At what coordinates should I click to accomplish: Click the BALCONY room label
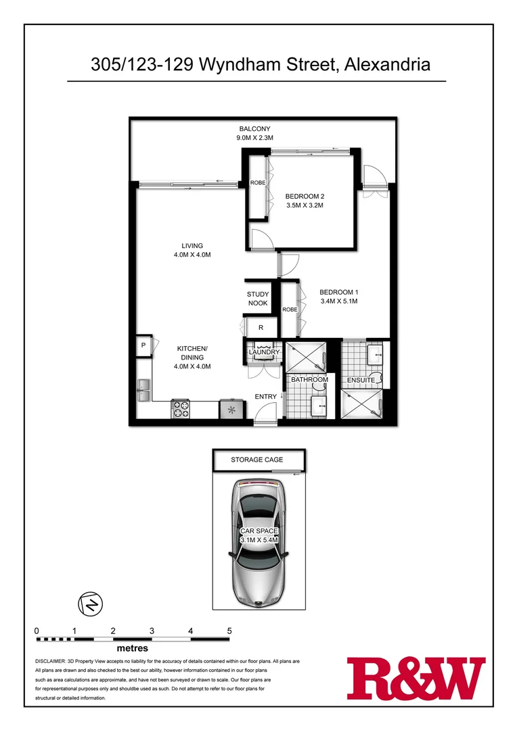point(254,128)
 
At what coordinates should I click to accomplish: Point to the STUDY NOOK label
point(258,299)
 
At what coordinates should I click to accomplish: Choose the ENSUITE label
point(361,381)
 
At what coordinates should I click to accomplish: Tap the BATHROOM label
point(309,380)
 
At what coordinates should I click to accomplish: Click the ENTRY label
point(266,397)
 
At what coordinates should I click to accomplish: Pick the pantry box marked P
point(143,345)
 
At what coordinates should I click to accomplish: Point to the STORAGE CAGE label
point(257,460)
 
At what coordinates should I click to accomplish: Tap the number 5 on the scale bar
point(229,631)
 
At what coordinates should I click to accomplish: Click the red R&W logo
point(415,678)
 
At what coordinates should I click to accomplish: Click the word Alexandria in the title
point(387,65)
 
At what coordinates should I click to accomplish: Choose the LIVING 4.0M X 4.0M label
point(192,250)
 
